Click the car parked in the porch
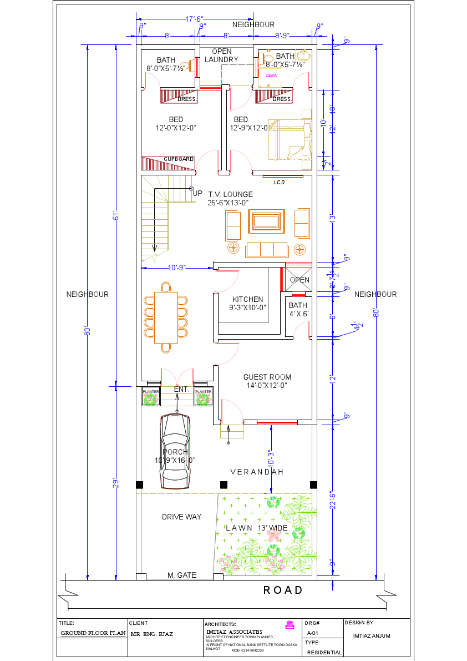click(175, 451)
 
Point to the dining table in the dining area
click(166, 317)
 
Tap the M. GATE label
click(182, 575)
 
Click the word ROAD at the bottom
click(283, 590)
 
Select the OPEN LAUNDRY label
click(221, 55)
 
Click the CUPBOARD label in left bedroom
click(179, 159)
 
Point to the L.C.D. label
click(280, 182)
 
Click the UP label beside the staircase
click(197, 193)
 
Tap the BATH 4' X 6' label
click(298, 309)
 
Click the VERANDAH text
click(257, 472)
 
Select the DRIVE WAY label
click(181, 517)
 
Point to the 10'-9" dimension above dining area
click(177, 268)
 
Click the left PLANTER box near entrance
click(151, 397)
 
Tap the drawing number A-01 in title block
click(312, 633)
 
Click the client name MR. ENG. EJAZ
click(151, 633)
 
